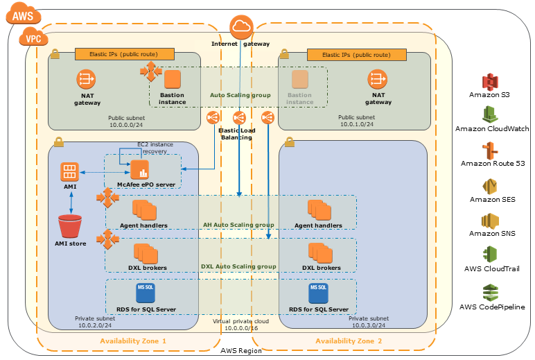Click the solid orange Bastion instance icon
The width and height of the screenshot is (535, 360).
pyautogui.click(x=172, y=79)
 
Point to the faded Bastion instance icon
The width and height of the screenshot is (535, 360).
pyautogui.click(x=299, y=79)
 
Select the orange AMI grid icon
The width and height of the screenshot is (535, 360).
pyautogui.click(x=69, y=171)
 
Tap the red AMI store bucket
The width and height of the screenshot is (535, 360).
pyautogui.click(x=69, y=227)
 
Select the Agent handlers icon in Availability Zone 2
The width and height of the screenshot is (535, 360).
pyautogui.click(x=318, y=209)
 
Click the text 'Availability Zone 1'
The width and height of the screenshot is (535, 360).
pyautogui.click(x=133, y=341)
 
